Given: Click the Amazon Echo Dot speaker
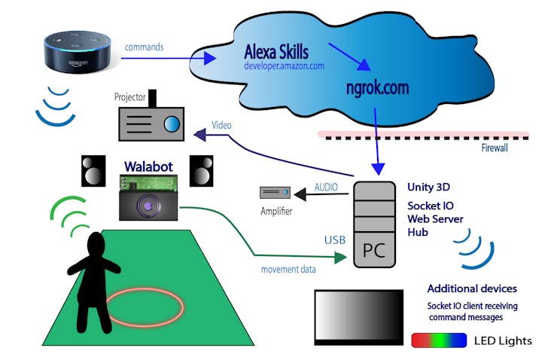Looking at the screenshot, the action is point(77,52).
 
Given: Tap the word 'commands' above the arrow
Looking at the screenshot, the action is point(144,47).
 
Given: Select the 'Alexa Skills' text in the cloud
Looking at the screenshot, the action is point(276,52).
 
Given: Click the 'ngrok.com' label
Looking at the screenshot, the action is point(377,87).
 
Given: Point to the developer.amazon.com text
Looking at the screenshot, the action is point(285,66).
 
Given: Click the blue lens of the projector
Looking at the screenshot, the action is point(172,124).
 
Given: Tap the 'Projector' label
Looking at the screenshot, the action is point(129,97).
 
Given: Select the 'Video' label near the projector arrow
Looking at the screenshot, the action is point(221,125).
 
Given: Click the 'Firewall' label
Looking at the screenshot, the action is point(494,148).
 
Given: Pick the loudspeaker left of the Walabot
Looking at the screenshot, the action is point(93,171).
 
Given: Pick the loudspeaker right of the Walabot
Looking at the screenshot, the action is point(202,171).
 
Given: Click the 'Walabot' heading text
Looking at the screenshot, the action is point(148,166).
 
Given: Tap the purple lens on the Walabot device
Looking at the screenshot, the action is point(147,206).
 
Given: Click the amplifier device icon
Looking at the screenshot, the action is point(275,193).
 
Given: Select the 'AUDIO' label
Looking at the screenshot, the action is point(326,188).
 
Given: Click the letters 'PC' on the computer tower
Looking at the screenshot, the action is point(374,250).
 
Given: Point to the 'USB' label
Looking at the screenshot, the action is point(335,240).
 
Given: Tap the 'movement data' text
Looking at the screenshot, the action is point(288,270).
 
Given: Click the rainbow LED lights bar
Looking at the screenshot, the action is point(439,340).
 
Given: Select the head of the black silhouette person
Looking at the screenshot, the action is point(96,244).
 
